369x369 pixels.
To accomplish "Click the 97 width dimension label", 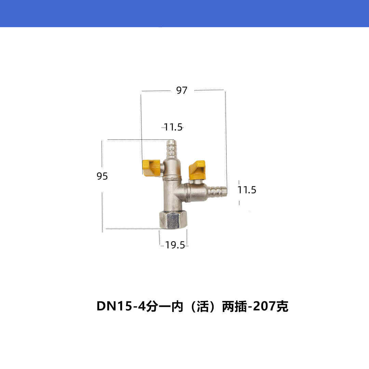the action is (182, 91).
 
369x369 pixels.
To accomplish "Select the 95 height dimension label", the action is (102, 176).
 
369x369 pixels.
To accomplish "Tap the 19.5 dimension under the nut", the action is (175, 245).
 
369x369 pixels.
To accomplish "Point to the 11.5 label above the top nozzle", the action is (173, 127).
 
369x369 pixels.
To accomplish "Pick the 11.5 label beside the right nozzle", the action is (247, 190).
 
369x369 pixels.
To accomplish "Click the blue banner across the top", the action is (184, 13).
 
